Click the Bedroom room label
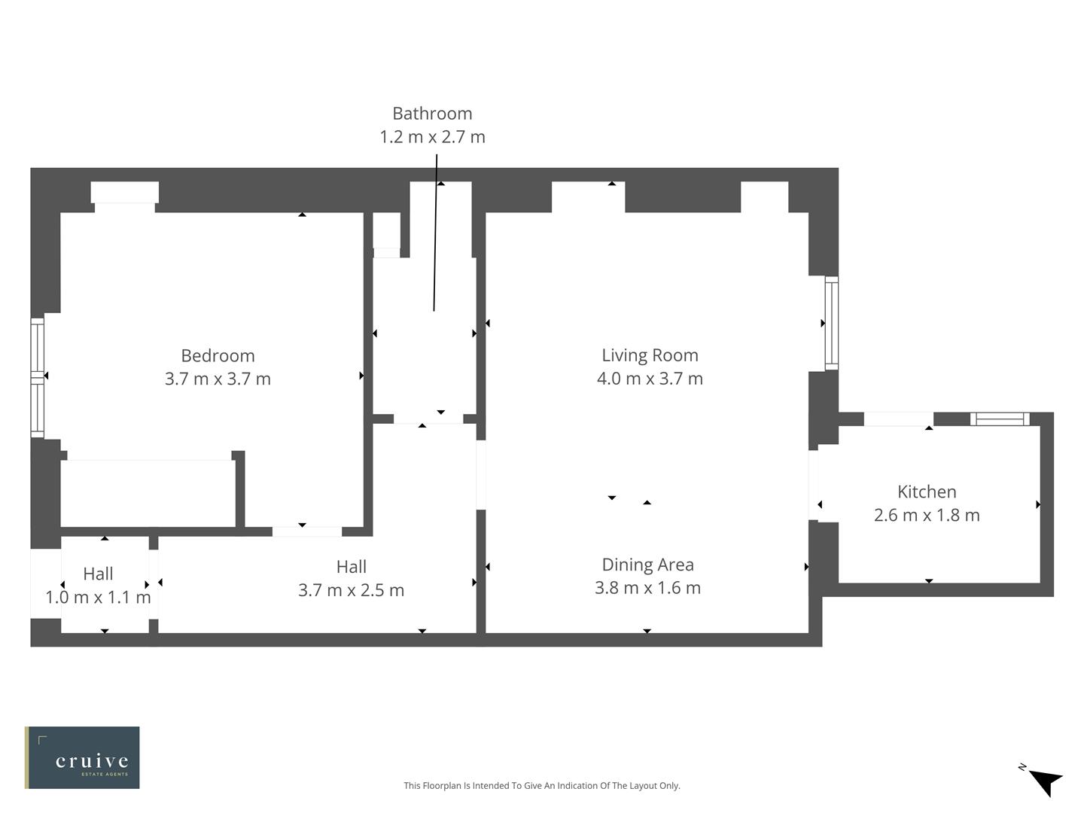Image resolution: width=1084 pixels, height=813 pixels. [218, 355]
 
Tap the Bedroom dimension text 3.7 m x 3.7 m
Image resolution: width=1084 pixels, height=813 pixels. [218, 379]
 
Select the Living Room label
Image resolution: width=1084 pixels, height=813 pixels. [650, 355]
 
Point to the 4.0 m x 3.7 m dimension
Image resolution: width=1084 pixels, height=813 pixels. [650, 378]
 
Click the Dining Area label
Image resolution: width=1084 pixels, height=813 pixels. [647, 565]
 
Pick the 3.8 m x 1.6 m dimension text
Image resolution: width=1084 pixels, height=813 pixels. [647, 588]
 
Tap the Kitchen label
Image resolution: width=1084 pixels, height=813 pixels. [927, 492]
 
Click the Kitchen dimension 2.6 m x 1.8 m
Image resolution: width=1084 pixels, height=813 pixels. [927, 515]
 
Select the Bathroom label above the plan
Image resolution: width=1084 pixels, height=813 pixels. [432, 114]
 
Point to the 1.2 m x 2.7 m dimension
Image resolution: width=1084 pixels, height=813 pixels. [432, 137]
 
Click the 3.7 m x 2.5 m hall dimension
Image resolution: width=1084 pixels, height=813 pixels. [351, 590]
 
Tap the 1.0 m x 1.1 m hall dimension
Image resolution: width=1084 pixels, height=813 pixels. [98, 598]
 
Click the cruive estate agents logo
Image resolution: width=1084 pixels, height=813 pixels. [82, 757]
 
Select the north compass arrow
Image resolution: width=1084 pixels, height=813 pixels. [1044, 781]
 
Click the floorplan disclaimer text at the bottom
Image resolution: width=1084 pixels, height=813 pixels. [541, 786]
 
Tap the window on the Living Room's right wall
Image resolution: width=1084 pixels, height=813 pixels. [831, 323]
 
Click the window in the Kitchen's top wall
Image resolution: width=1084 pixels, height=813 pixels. [999, 419]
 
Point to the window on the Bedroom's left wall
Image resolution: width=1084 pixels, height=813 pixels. [37, 376]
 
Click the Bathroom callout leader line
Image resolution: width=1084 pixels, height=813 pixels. [435, 233]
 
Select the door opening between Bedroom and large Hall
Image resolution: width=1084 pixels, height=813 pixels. [306, 531]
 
